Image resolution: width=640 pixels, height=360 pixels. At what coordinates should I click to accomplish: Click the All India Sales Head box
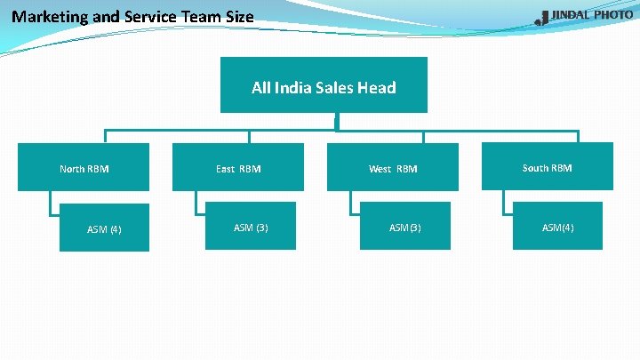coord(324,85)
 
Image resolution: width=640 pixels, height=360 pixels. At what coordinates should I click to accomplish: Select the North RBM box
coord(84,167)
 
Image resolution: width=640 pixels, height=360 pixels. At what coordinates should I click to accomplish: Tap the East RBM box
coord(238,167)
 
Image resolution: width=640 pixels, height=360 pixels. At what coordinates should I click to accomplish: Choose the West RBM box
coord(393,167)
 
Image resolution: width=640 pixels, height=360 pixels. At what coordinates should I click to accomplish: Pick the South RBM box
coord(548,166)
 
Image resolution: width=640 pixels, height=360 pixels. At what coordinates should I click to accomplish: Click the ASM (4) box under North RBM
coord(104,228)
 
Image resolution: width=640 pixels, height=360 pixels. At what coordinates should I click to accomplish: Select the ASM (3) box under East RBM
coord(251,227)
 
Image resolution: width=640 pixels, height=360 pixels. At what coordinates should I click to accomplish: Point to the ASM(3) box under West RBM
coord(405,227)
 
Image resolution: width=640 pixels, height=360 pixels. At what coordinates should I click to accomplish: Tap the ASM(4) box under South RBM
coord(558,227)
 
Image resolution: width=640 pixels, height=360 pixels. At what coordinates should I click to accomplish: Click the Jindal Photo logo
coord(584,17)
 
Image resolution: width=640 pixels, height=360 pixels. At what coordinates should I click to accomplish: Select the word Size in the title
coord(236,16)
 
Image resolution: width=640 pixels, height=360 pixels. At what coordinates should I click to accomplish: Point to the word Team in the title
coord(197,16)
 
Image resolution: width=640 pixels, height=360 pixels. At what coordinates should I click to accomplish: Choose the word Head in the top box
coord(376,87)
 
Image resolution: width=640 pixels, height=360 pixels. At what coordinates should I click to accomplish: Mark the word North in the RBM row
coord(72,168)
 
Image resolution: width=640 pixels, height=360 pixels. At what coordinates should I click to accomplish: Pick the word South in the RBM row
coord(535,167)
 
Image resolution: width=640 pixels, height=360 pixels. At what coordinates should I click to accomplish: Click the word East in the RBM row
coord(225,168)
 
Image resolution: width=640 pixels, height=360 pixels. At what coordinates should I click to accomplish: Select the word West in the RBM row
coord(380,168)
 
